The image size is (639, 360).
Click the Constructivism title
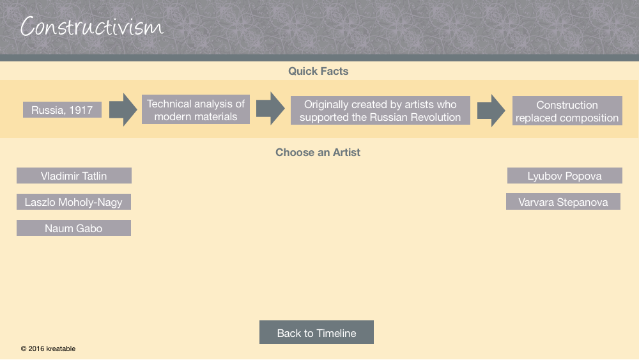(91, 26)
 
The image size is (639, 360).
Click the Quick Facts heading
(318, 72)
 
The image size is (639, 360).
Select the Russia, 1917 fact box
(62, 110)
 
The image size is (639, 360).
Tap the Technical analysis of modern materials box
(196, 110)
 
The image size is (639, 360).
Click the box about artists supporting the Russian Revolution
(380, 111)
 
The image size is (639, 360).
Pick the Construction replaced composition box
(567, 111)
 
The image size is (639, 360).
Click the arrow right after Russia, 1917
(123, 110)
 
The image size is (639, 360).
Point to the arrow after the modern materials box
(270, 109)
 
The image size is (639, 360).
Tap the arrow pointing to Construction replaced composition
(491, 111)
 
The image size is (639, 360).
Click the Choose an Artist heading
(318, 152)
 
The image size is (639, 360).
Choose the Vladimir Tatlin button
(73, 176)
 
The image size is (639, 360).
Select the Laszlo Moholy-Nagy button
(73, 202)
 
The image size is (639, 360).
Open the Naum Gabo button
(73, 228)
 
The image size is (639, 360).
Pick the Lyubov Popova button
(564, 176)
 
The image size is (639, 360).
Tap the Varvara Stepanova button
(563, 202)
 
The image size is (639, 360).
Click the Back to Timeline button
(317, 333)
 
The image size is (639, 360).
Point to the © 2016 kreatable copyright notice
(48, 348)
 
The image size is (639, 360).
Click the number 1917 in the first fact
(81, 110)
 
